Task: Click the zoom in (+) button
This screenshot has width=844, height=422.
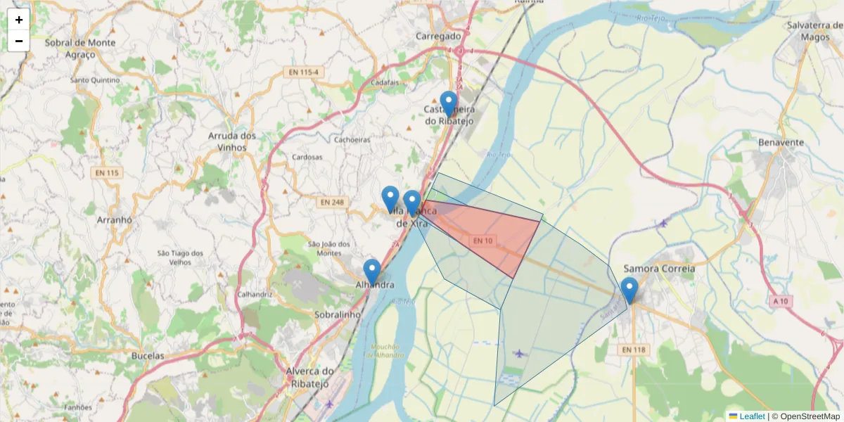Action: [x=19, y=20]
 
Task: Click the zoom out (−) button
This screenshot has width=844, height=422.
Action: [x=19, y=41]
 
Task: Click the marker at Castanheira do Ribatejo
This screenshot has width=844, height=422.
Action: [x=448, y=104]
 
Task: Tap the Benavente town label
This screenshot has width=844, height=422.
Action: [x=781, y=142]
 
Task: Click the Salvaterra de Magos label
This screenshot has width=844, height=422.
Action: [x=815, y=31]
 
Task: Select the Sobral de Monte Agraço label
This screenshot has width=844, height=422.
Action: [x=79, y=48]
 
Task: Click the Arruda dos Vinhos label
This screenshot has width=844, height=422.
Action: [x=232, y=141]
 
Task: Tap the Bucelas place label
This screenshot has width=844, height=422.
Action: [x=148, y=356]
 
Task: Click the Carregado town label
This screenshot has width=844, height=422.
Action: [x=438, y=36]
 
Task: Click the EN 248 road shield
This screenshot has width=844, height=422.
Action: [x=332, y=203]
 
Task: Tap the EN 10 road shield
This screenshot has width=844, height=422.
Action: [x=482, y=241]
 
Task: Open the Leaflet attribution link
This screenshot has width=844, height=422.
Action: [x=751, y=416]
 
